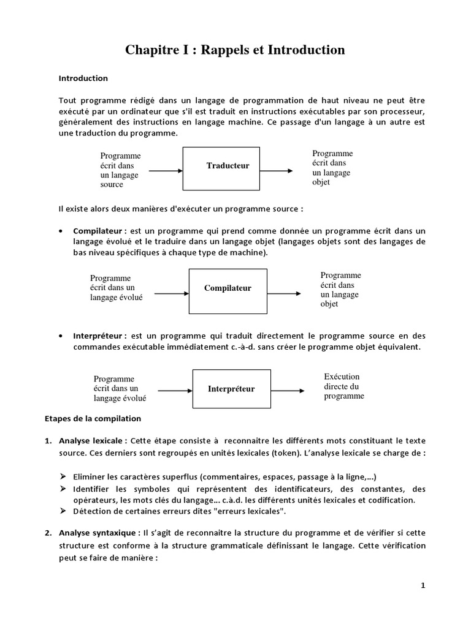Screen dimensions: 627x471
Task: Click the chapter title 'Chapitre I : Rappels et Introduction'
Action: coord(235,50)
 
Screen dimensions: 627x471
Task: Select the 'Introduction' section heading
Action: coord(83,78)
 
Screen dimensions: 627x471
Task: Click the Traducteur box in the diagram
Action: coord(228,166)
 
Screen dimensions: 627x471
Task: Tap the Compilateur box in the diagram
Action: coord(228,288)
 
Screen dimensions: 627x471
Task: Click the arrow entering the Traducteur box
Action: coord(165,171)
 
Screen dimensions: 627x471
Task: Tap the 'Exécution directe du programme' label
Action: coord(343,386)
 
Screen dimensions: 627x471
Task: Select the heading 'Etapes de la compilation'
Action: coord(93,419)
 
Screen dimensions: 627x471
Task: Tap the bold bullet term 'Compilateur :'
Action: coord(99,231)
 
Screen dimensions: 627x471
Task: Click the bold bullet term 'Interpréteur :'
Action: coord(99,336)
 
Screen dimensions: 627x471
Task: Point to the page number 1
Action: coord(423,585)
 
